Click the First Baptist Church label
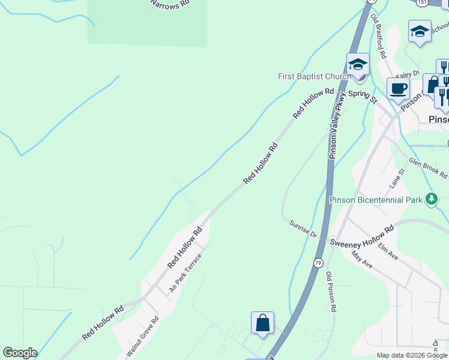(314, 77)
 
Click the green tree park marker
(430, 199)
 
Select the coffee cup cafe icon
(398, 89)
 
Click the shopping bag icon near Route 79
(262, 323)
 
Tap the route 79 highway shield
(318, 263)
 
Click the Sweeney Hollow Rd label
(361, 235)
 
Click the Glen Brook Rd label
(428, 168)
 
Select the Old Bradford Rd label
(378, 36)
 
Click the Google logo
(19, 353)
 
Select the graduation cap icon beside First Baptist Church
(358, 65)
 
